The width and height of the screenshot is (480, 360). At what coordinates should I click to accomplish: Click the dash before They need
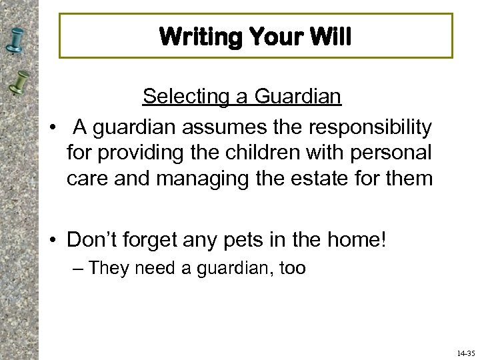point(78,269)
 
